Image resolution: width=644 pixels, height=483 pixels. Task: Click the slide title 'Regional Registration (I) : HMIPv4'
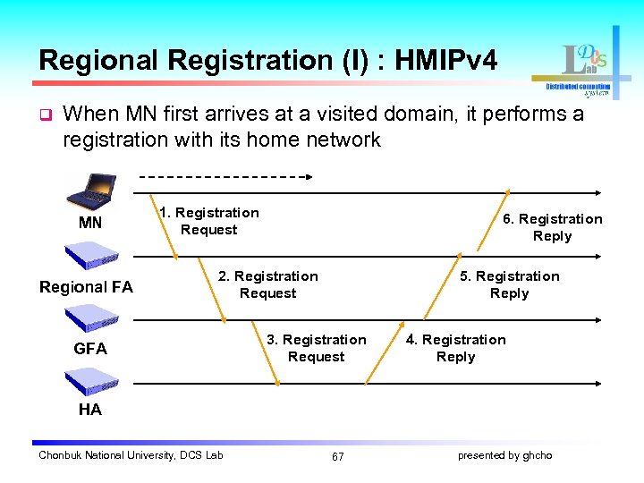pyautogui.click(x=268, y=60)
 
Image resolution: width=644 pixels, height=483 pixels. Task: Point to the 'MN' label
pyautogui.click(x=90, y=223)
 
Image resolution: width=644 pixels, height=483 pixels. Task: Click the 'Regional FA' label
pyautogui.click(x=86, y=287)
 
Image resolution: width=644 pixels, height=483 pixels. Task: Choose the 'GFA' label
pyautogui.click(x=90, y=349)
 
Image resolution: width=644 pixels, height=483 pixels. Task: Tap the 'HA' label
pyautogui.click(x=90, y=410)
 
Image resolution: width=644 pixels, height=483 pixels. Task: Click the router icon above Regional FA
pyautogui.click(x=90, y=257)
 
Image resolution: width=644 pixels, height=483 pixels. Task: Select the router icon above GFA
pyautogui.click(x=90, y=318)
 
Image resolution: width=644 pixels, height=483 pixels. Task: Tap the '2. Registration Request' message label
pyautogui.click(x=267, y=284)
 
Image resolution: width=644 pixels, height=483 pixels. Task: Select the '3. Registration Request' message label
pyautogui.click(x=316, y=348)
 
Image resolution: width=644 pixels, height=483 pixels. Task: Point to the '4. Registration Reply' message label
pyautogui.click(x=455, y=348)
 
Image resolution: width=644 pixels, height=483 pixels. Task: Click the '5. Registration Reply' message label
pyautogui.click(x=509, y=284)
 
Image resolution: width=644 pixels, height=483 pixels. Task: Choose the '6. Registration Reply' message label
pyautogui.click(x=552, y=227)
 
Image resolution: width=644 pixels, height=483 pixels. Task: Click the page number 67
pyautogui.click(x=337, y=456)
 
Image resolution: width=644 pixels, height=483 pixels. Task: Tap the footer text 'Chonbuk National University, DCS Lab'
pyautogui.click(x=131, y=455)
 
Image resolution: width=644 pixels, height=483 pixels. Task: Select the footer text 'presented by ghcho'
pyautogui.click(x=504, y=455)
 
